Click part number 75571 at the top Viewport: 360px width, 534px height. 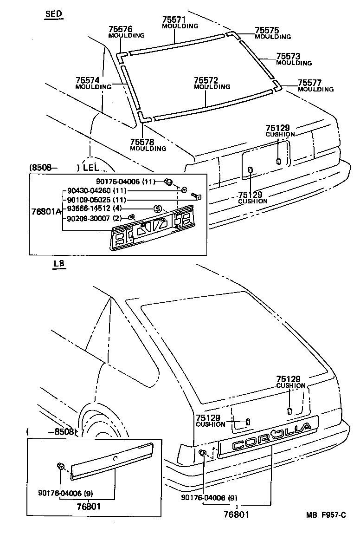pos(174,20)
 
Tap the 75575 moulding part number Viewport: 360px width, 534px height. pos(266,30)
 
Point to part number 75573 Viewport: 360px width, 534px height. pos(288,56)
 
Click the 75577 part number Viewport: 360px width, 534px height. pos(309,83)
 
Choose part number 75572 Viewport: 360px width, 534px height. pos(206,80)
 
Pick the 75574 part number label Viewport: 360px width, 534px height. pos(87,80)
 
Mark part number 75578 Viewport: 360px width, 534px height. pos(141,142)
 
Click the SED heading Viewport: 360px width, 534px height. pos(54,14)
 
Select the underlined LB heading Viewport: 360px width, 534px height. pos(59,264)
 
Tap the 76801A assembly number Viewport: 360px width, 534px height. pos(46,211)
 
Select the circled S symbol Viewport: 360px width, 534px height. pos(157,208)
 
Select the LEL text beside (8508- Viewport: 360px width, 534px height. pos(91,167)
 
